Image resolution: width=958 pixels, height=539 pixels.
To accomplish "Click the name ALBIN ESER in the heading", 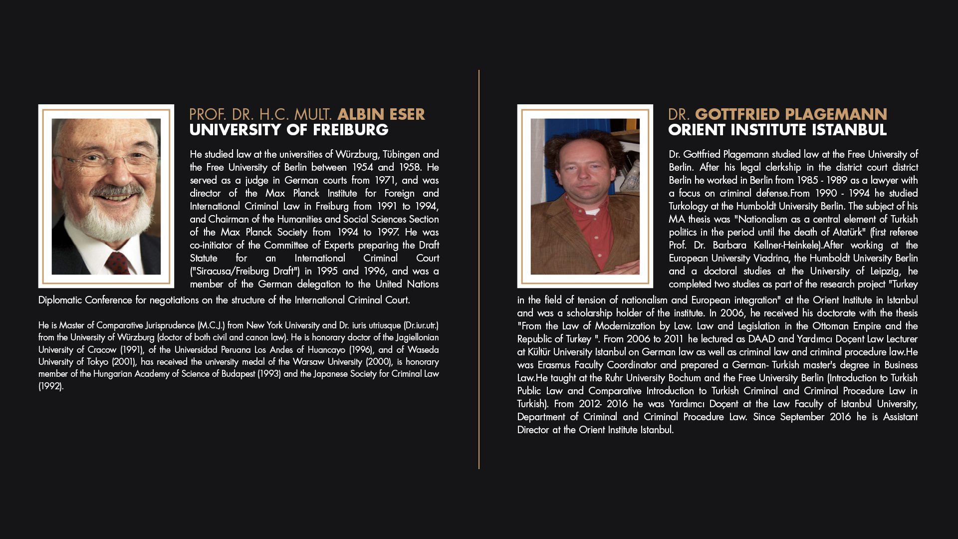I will tap(381, 114).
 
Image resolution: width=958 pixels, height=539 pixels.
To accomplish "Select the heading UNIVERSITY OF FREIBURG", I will tap(288, 130).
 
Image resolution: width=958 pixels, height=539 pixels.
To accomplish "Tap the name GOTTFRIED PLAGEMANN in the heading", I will tap(791, 114).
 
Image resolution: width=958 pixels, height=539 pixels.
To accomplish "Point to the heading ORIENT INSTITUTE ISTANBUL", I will tap(777, 130).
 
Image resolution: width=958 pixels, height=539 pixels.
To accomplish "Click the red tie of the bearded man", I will tap(118, 263).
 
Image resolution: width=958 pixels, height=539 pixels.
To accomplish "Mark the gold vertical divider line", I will tap(479, 269).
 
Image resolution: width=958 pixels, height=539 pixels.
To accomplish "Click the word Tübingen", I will tap(401, 154).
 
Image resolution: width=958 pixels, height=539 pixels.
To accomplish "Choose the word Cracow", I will tap(102, 350).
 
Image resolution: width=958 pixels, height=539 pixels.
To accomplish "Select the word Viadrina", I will tap(770, 258).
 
